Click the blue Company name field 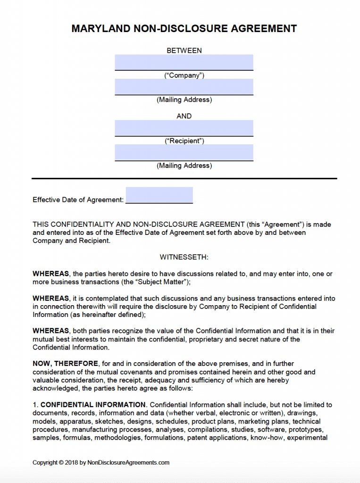184,62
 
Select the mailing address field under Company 184,87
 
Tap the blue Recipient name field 184,128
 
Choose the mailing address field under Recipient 184,152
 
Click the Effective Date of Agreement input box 159,195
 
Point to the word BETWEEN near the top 184,50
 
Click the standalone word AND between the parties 184,116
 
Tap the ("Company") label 184,75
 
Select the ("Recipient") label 184,141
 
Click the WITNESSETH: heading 184,257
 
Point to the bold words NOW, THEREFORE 65,364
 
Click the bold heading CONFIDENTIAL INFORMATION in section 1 93,405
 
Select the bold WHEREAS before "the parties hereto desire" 50,274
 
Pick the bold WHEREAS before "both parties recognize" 50,331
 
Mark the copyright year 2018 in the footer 71,462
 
